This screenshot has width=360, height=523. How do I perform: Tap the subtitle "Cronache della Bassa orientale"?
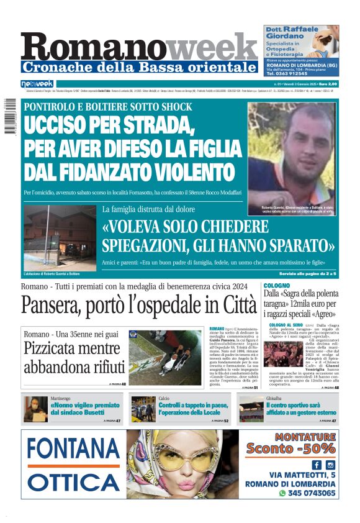139,67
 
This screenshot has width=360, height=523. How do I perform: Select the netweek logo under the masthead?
37,84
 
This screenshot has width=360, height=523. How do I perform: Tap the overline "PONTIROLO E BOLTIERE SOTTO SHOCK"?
108,107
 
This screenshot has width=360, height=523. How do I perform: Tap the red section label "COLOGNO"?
277,285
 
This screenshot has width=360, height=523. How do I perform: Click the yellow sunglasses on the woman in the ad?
186,458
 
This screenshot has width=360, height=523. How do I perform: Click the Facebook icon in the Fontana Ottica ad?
317,465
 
